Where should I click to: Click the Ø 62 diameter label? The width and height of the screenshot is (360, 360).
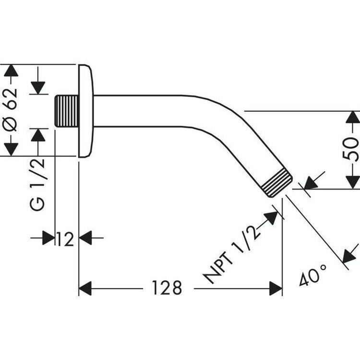click(x=12, y=110)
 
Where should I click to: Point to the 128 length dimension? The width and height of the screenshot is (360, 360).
click(x=168, y=288)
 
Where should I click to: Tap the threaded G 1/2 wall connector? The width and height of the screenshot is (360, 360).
click(x=67, y=111)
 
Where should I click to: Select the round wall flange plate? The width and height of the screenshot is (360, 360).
click(x=85, y=110)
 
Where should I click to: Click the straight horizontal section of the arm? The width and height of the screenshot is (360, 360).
click(x=139, y=111)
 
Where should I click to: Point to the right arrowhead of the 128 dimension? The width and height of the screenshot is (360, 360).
click(x=276, y=288)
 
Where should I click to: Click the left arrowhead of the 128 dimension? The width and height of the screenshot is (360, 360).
click(x=84, y=288)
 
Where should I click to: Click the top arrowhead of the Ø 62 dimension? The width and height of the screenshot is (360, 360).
click(x=12, y=71)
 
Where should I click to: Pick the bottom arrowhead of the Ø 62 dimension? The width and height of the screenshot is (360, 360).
click(x=12, y=149)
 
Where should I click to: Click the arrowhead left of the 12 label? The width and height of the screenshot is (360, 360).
click(x=48, y=237)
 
